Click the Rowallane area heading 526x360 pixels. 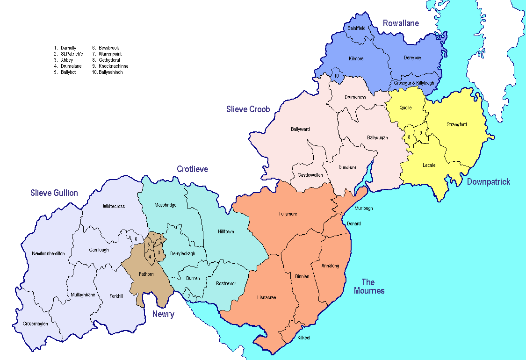tap(401, 23)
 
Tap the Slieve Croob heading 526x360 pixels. tap(248, 109)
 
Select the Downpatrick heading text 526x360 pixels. tap(489, 181)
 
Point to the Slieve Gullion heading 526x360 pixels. tap(54, 193)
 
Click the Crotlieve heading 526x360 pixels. tap(192, 169)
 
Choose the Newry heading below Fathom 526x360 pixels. tap(163, 314)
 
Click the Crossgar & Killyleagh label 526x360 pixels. tap(414, 83)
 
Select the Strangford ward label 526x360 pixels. tap(457, 124)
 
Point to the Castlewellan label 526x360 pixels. tap(310, 175)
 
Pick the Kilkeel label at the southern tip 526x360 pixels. tap(304, 338)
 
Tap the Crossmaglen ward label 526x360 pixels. tap(35, 324)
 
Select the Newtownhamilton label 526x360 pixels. tap(48, 253)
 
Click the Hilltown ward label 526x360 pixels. tap(226, 231)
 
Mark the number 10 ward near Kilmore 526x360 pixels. tap(336, 76)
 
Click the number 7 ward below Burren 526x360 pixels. tap(189, 296)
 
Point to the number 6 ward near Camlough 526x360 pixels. tap(136, 239)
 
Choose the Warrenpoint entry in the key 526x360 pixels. tap(110, 54)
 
